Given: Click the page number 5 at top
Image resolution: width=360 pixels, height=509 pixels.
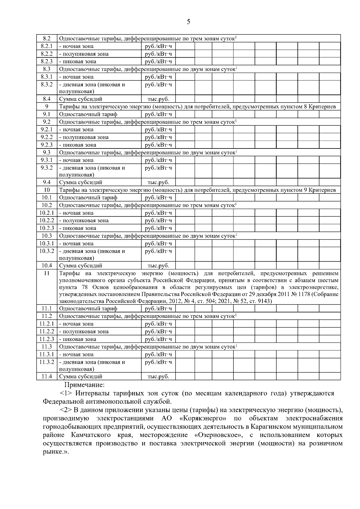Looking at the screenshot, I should point(188,22).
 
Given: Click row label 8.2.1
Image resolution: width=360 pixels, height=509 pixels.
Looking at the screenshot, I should point(46,46).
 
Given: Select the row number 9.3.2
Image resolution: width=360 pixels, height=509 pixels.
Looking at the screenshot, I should point(46,168).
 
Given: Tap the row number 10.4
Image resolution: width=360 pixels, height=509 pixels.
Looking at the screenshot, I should point(46,265).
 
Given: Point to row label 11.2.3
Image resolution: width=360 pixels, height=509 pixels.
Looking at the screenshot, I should point(46,339).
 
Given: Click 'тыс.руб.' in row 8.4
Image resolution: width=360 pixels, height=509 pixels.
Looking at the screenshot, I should point(158,99).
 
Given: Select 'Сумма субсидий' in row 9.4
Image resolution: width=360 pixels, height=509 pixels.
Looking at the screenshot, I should point(81,182).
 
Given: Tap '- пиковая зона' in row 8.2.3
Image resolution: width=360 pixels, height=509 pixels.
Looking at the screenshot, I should point(78,61).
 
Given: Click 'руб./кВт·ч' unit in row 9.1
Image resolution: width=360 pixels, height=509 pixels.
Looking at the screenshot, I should point(158,114).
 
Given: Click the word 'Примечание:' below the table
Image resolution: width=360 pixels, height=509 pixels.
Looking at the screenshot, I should point(85,385).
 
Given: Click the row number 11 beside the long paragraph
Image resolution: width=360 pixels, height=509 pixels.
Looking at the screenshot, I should point(46,274).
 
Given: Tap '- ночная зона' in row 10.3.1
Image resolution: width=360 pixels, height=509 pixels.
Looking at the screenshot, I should point(76,244).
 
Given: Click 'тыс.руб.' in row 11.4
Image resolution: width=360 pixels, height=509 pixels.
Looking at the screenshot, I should point(158,376).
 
